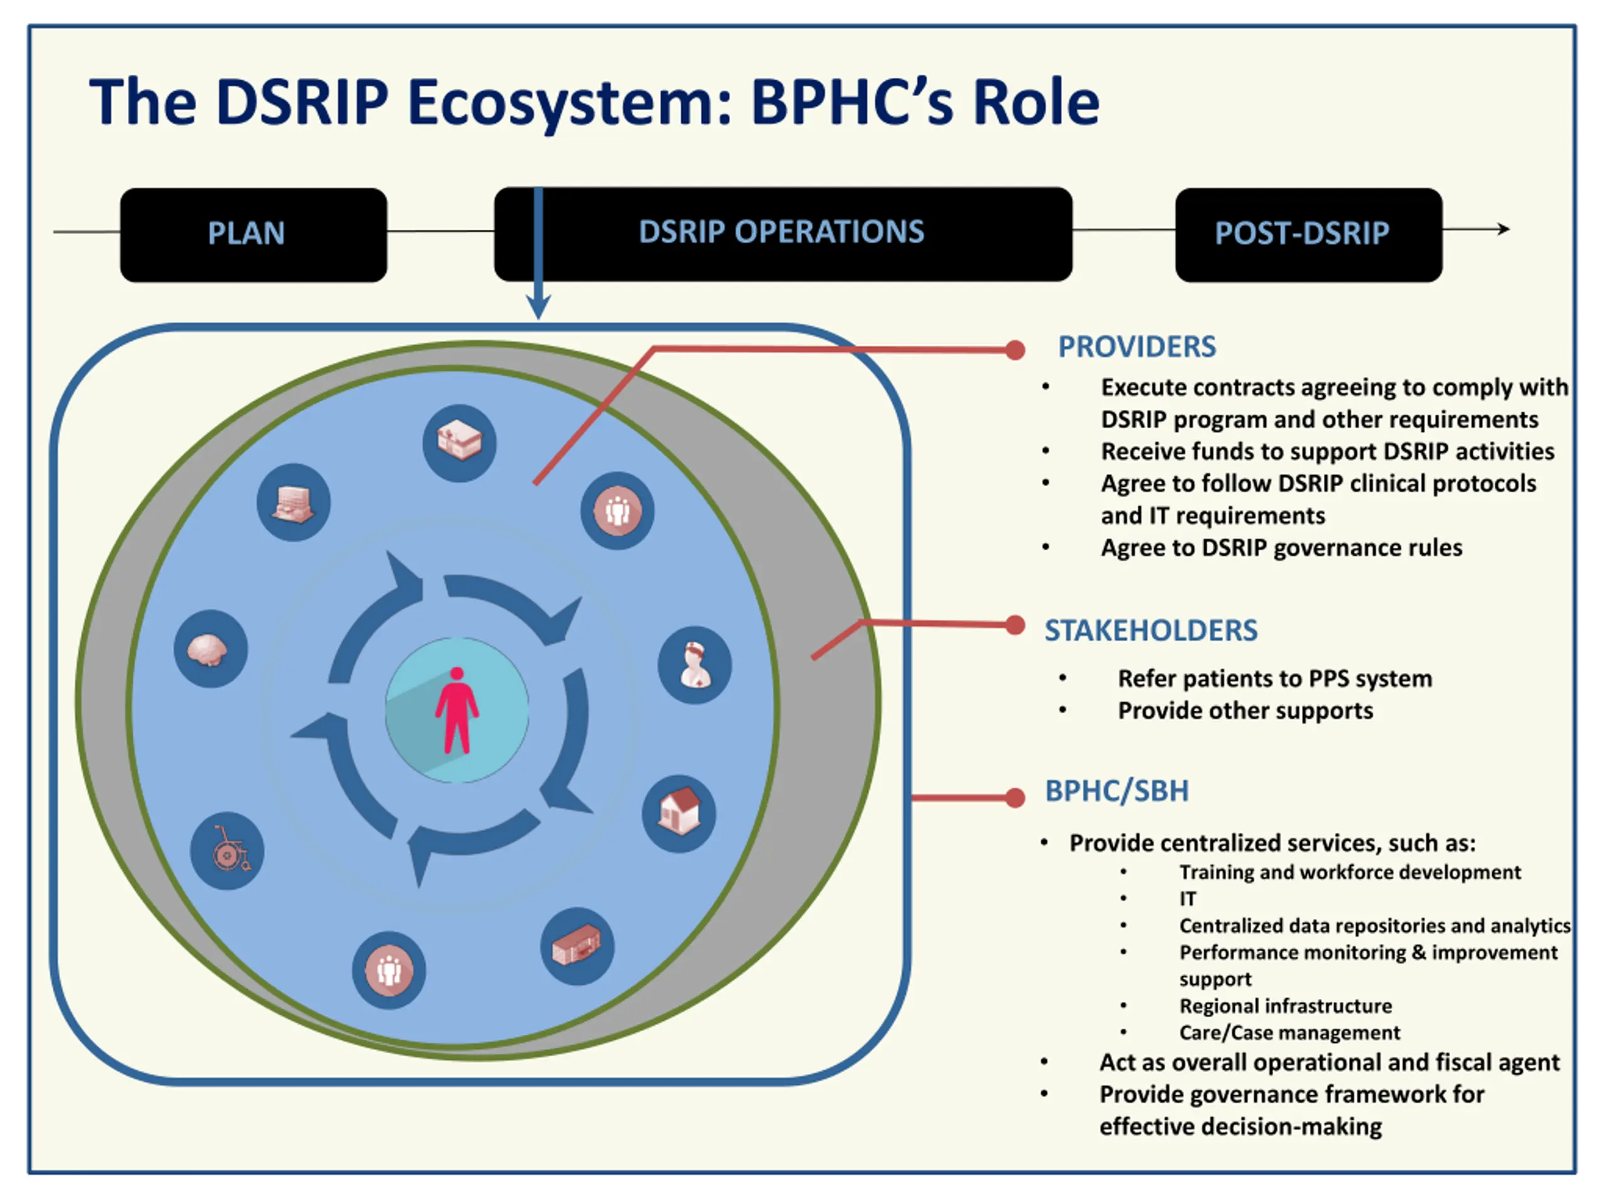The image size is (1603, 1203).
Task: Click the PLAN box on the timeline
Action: (254, 235)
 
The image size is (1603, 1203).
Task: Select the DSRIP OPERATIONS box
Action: (783, 234)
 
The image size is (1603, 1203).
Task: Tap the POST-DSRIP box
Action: (1309, 235)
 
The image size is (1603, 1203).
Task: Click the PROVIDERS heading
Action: (1137, 347)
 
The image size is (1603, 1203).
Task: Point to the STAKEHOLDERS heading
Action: (1151, 631)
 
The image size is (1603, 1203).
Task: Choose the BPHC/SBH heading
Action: (1116, 791)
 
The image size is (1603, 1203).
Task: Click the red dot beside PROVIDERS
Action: (1015, 350)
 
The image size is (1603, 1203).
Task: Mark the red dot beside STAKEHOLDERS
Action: (1015, 625)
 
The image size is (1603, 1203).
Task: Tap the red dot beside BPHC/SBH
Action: (1015, 798)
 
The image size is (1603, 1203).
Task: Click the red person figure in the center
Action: (456, 711)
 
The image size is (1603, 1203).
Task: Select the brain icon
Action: (211, 649)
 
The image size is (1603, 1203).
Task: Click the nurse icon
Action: (695, 665)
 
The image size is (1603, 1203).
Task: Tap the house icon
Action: (679, 814)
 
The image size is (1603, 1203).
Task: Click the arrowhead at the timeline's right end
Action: (1505, 229)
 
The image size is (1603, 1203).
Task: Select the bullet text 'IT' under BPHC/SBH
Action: (1188, 899)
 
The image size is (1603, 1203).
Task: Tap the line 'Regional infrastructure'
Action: (1286, 1006)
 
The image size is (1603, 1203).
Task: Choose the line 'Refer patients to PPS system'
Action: (1275, 679)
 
